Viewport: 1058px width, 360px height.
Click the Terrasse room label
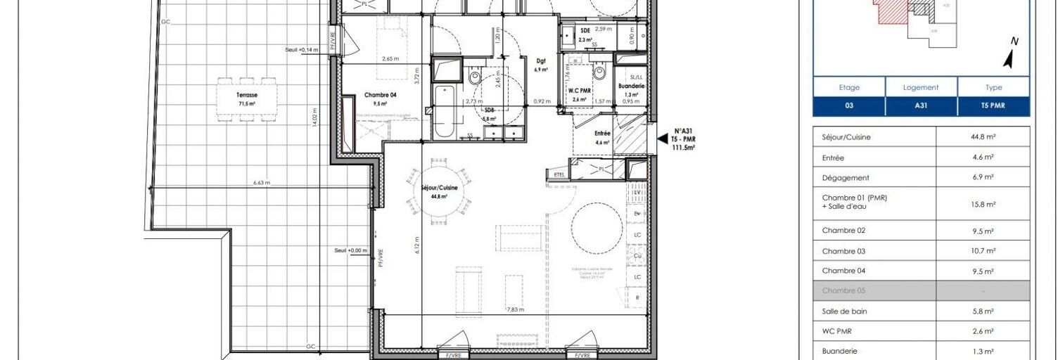coord(246,95)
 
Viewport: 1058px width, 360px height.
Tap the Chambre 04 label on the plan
coord(380,95)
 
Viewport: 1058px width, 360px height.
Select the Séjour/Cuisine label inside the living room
coord(440,188)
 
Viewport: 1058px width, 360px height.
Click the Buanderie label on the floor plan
coord(630,86)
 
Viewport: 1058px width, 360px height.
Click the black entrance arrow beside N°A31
coord(662,139)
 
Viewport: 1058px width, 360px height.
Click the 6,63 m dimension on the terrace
coord(262,183)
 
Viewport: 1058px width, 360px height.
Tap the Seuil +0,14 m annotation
coord(302,50)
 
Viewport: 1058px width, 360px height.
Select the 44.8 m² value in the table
coord(983,137)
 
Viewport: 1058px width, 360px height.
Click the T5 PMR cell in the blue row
coord(993,108)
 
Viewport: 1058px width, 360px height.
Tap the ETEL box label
coord(560,174)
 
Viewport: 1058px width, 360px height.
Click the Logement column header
coord(921,88)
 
